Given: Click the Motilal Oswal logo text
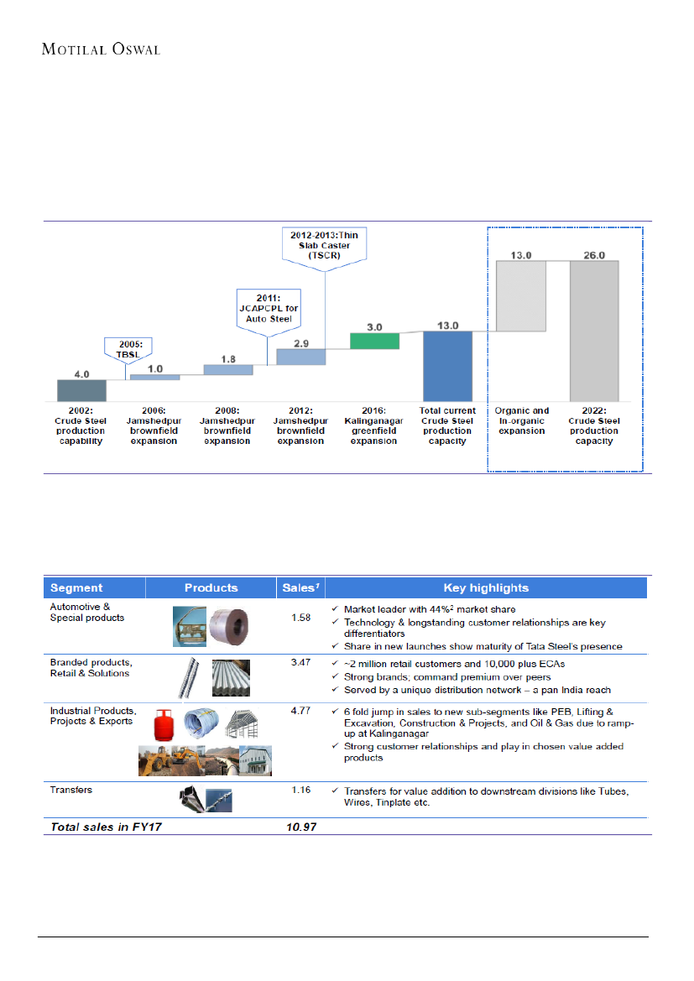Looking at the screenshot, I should click(101, 49).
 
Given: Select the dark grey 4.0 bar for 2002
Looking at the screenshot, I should click(81, 391).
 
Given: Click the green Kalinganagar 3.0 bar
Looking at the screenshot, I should click(374, 341).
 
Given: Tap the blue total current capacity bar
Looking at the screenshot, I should click(447, 367).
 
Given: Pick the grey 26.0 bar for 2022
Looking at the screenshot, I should click(594, 331).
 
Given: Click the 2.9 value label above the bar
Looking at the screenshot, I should click(300, 343).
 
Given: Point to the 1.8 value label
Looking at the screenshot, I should click(228, 358).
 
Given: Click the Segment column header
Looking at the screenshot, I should click(76, 587).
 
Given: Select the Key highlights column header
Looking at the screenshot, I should click(486, 587).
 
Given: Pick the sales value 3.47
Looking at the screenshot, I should click(300, 663).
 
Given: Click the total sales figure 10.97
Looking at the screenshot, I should click(300, 827).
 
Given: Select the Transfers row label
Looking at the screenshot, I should click(71, 790).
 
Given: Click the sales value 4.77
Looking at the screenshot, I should click(300, 711).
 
